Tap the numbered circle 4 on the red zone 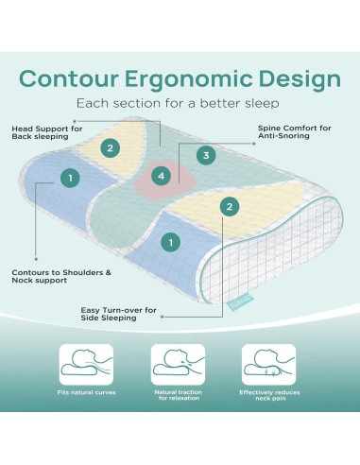coord(162,175)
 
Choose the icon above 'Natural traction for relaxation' coord(178,363)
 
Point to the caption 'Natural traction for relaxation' coord(178,397)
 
